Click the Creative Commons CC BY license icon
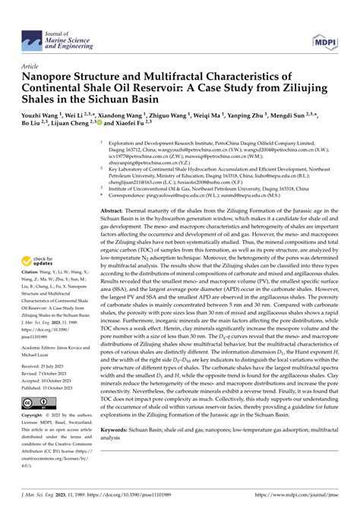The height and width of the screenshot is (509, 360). pyautogui.click(x=36, y=401)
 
